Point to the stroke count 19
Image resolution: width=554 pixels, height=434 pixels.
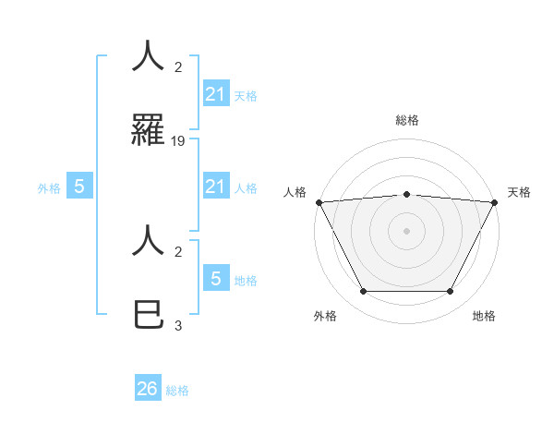coord(178,141)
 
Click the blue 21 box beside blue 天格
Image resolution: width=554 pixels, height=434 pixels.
coord(216,93)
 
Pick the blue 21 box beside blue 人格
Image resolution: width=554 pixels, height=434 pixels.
coord(216,187)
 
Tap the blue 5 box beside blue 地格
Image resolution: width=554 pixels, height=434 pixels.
coord(216,278)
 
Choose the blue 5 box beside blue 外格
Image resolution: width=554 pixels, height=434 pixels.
coord(79,187)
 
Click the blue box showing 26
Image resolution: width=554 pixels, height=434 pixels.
coord(148,389)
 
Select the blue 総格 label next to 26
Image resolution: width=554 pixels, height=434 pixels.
coord(177,391)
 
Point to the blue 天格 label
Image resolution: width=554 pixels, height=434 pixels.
coord(246,95)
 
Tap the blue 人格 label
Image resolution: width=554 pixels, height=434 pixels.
coord(246,188)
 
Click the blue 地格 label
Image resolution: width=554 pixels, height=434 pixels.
coord(246,281)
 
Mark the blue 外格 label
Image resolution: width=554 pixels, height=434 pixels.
coord(49,188)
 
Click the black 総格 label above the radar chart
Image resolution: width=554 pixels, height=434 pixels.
coord(406,120)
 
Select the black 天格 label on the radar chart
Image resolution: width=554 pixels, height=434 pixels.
coord(520,192)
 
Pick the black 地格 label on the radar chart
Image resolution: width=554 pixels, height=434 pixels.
coord(484,316)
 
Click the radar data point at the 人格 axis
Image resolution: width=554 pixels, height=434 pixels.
coord(319,202)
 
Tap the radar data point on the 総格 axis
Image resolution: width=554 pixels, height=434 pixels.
coord(406,194)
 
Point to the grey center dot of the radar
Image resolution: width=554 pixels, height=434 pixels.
coord(406,231)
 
